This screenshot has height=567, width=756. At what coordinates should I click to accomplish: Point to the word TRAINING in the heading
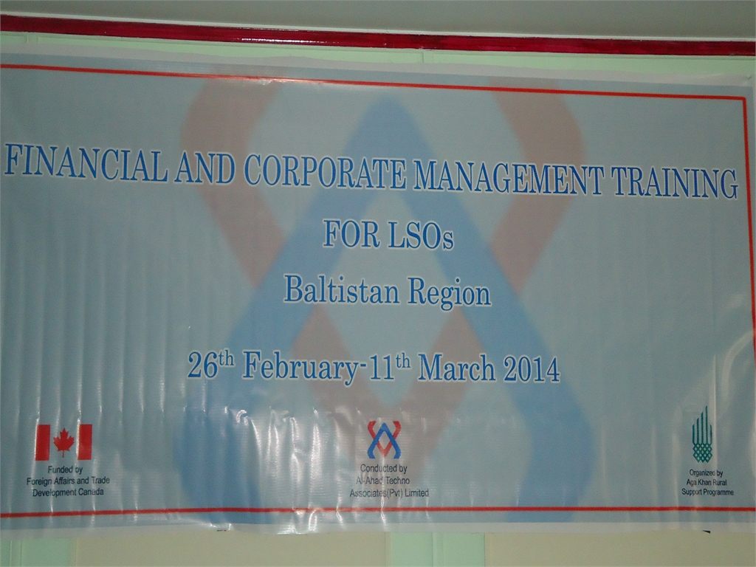pos(675,182)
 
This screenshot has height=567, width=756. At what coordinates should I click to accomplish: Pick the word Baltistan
pos(342,289)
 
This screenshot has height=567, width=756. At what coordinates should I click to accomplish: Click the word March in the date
pos(456,369)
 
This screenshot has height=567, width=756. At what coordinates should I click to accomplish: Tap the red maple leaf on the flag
pos(63,442)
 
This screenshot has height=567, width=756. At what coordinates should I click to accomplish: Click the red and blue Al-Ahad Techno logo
pos(384,439)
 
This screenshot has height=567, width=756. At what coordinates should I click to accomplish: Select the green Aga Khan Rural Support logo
pos(702,435)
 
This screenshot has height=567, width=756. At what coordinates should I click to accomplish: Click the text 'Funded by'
pos(65,470)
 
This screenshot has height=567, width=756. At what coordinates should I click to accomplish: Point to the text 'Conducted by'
pos(384,468)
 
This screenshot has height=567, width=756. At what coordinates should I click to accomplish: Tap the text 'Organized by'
pos(706,473)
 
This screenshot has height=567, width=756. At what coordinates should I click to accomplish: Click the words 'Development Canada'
pos(68,492)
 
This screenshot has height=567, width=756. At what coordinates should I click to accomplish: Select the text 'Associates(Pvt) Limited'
pos(389,492)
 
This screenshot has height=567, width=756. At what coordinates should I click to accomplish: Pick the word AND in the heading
pos(205,168)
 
